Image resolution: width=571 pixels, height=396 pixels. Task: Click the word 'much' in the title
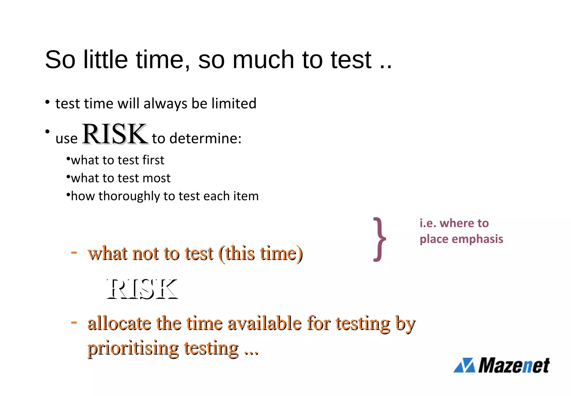[263, 59]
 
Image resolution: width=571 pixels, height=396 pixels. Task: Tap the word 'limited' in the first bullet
[234, 104]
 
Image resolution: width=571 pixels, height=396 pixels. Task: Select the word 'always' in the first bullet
[165, 104]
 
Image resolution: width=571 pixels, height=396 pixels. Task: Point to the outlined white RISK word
[142, 289]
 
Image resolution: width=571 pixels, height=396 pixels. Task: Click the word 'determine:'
[205, 139]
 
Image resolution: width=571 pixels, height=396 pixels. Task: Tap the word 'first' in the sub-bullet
[153, 160]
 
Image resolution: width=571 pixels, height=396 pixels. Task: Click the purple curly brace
[380, 239]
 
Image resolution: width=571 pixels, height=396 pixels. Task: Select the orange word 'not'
[145, 254]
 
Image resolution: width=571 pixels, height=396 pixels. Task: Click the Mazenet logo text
[514, 366]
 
